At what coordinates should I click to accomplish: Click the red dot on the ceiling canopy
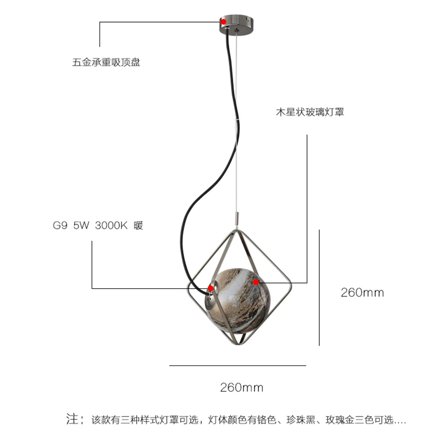click(223, 22)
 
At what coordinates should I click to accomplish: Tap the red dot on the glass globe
click(256, 282)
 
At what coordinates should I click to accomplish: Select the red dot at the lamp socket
click(210, 288)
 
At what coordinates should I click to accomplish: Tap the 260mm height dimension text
click(362, 292)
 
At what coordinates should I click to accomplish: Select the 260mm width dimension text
click(241, 388)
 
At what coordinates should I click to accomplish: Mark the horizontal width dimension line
click(237, 365)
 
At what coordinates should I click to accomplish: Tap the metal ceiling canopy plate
click(236, 24)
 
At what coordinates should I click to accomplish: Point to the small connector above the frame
click(236, 217)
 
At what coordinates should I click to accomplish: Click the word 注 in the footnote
click(72, 420)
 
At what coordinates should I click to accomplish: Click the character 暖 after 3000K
click(138, 226)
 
